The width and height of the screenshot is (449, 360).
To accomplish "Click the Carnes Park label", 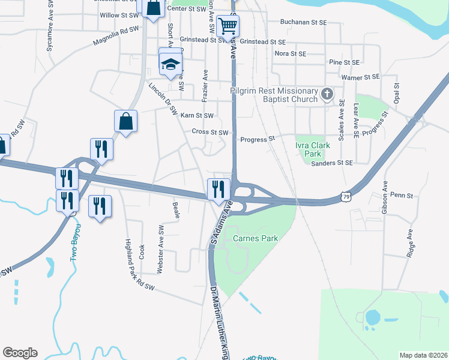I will pos(255,238).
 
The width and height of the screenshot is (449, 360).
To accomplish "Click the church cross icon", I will pos(327,94).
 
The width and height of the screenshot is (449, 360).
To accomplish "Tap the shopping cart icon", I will pos(228,26).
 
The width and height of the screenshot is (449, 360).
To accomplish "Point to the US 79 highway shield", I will pos(345,196).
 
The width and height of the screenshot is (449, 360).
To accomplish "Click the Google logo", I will pos(20,353).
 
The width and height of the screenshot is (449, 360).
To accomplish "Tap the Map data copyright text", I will pos(423,355).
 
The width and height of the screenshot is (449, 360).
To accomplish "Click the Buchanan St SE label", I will pos(304,22).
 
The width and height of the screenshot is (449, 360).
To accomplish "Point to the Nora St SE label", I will pos(290,53).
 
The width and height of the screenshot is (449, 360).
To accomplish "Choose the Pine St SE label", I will pos(344,62).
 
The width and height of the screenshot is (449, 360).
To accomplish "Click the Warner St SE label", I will pos(360,77).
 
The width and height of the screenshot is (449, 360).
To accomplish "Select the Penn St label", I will pos(402,195).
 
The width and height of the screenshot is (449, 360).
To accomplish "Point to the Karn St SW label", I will pos(197,115).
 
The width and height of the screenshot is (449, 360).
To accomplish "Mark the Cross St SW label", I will pos(210,132).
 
